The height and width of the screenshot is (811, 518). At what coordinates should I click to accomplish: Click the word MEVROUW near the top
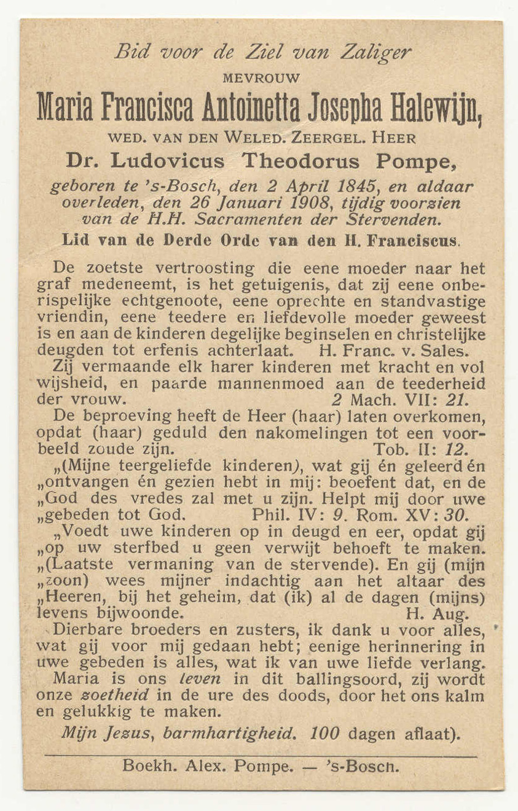click(x=261, y=79)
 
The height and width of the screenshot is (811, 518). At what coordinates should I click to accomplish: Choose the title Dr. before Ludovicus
click(x=84, y=161)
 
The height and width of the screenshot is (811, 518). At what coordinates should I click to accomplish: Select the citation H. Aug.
click(x=438, y=613)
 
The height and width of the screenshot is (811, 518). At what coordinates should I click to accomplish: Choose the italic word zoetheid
click(x=116, y=696)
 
